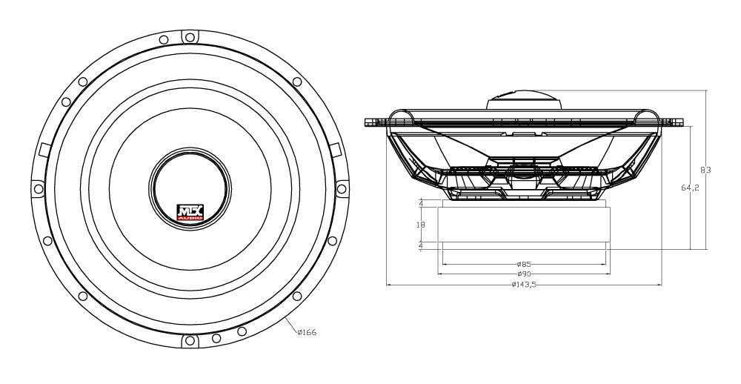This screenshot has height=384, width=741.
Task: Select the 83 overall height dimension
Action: pyautogui.click(x=705, y=171)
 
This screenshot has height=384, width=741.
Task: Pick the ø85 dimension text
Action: pyautogui.click(x=525, y=264)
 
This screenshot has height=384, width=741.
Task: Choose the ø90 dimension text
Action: pyautogui.click(x=525, y=274)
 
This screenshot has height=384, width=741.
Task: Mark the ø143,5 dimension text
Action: pyautogui.click(x=524, y=285)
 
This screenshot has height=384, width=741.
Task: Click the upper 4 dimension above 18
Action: pyautogui.click(x=421, y=202)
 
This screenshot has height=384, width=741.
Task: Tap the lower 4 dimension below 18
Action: pyautogui.click(x=421, y=245)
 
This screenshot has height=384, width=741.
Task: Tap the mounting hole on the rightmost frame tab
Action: pyautogui.click(x=342, y=187)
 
